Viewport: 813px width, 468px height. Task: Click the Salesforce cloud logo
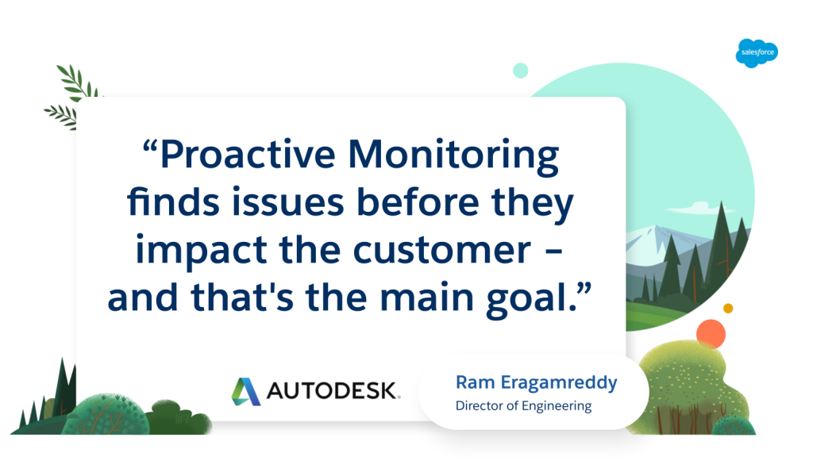tap(757, 53)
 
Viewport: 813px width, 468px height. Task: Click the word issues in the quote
tap(287, 201)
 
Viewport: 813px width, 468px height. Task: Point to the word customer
tap(442, 251)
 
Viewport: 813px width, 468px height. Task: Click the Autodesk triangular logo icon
tap(245, 391)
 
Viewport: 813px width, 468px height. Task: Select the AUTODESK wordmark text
tap(333, 391)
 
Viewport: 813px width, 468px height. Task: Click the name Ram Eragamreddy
tap(536, 382)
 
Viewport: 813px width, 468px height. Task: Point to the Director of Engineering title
tap(523, 406)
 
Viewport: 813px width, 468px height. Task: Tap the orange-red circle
tap(711, 334)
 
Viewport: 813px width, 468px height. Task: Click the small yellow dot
tap(728, 309)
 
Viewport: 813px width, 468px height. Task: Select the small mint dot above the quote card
tap(521, 71)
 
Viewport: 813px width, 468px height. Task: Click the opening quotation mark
tap(149, 146)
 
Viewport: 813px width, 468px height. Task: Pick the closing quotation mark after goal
tap(584, 290)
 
